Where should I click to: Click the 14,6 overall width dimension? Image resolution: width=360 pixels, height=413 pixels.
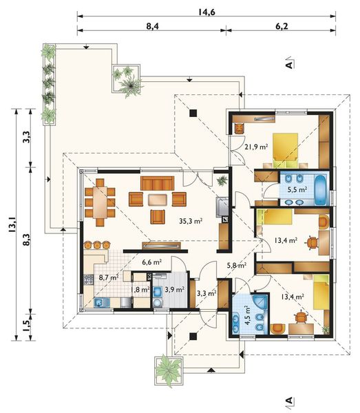coord(207,12)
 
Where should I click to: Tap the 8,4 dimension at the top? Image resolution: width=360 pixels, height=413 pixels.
coord(153,26)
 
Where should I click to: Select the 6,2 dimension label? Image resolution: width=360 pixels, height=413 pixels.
coord(282,26)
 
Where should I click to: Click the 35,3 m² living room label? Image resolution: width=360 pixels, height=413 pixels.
coord(191,221)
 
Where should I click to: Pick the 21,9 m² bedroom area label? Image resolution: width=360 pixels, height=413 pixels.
coord(256,147)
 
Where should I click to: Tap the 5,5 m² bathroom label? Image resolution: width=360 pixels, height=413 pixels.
coord(297,189)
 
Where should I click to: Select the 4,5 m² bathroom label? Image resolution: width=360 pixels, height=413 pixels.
coord(246,316)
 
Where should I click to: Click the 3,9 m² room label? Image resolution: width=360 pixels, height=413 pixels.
coord(174,290)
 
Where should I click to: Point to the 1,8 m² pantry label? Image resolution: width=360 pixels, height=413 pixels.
coord(140,290)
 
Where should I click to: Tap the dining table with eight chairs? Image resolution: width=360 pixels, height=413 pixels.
coord(100,202)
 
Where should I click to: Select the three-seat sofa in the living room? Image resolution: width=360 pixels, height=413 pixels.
coord(157,183)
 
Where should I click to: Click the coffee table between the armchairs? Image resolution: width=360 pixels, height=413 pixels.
coord(158,200)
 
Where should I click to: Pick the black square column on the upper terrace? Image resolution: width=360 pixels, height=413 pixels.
coord(193,113)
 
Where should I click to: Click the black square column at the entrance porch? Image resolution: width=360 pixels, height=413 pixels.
coord(193,336)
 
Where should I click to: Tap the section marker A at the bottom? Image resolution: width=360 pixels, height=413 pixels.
coord(289,401)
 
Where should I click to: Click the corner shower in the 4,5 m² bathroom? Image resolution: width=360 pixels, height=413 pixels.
coord(260,302)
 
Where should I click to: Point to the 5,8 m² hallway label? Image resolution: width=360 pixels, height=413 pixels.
coord(237,265)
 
